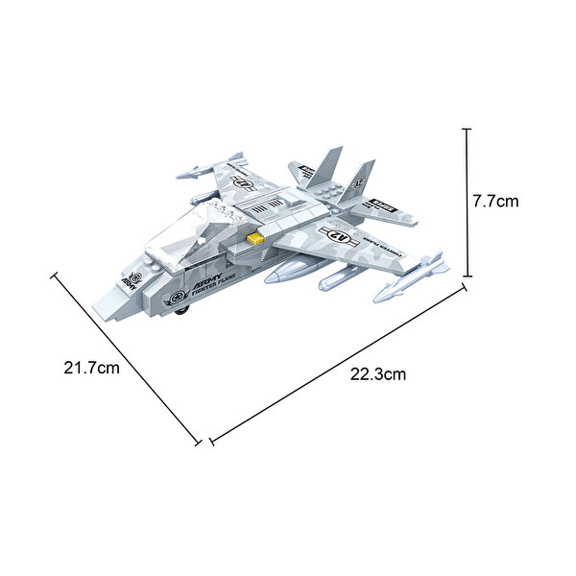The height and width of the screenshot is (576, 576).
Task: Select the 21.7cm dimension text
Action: click(91, 368)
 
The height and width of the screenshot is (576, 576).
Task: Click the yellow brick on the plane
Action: click(255, 238)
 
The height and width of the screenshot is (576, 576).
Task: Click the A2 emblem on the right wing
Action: click(343, 234)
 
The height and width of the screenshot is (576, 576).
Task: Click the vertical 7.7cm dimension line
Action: click(468, 202)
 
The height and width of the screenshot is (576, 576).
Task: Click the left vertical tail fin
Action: click(325, 164)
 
